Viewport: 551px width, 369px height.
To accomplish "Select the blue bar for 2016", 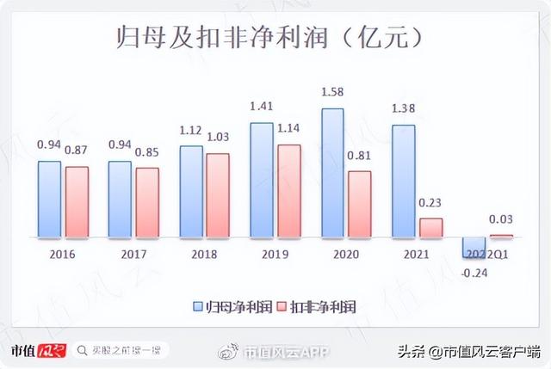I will point(50,199).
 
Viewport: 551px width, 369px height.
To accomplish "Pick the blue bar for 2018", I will point(191,191).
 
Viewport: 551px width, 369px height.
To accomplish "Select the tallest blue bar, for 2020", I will point(332,172).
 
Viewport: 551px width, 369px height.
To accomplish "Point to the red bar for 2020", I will point(359,204).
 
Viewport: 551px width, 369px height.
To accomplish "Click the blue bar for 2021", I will point(403,181).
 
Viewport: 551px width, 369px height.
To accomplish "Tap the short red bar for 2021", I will point(430,227).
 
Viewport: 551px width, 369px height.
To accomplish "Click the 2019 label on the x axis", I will point(275,255).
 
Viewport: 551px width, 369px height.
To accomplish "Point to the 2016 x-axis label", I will point(63,255).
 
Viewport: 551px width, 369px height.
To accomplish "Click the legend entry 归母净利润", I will point(228,305).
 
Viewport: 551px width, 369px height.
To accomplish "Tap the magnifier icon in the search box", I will point(82,351).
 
